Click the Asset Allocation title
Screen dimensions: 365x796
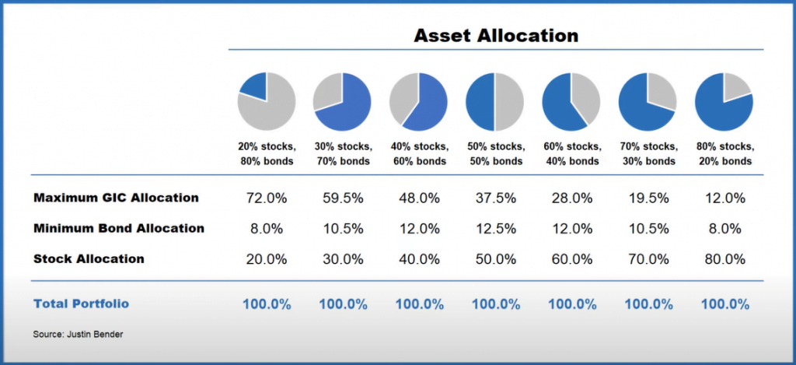(495, 36)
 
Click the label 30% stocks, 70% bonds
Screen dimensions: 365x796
(343, 153)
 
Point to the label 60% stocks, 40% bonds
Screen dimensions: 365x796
(571, 153)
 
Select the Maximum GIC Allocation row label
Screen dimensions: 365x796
(116, 198)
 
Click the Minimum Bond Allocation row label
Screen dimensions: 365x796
(119, 229)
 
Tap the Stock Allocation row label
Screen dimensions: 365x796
(89, 259)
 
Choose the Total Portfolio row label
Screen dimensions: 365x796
(81, 304)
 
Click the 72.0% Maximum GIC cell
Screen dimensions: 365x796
(267, 198)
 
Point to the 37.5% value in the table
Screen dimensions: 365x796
(495, 198)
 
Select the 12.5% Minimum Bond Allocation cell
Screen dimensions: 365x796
(495, 229)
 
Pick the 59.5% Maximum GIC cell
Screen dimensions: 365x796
(343, 198)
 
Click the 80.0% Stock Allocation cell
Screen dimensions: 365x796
(724, 259)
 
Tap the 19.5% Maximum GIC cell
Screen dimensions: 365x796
(648, 198)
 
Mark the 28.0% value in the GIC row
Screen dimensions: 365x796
(571, 198)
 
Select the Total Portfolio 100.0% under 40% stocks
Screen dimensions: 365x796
(419, 304)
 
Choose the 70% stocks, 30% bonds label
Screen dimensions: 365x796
(648, 153)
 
